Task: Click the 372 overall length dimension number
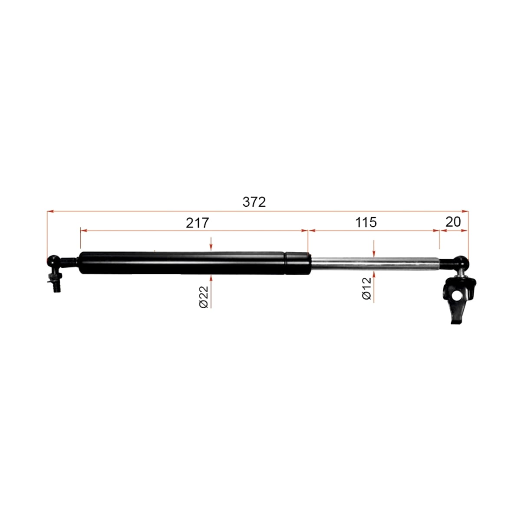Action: [254, 202]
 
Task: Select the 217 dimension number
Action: [198, 223]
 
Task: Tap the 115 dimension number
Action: [366, 223]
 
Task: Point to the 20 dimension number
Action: [453, 222]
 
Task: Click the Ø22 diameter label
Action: [204, 297]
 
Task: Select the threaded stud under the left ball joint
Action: [56, 283]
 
